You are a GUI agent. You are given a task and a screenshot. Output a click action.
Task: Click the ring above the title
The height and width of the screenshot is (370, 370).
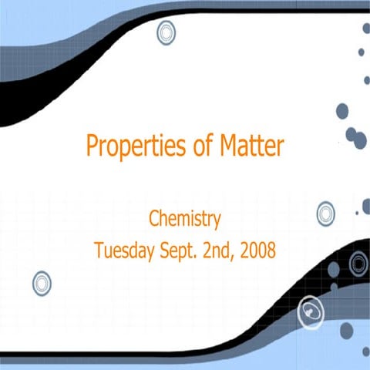(166, 32)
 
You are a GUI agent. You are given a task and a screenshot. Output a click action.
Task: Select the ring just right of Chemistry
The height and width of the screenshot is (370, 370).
(326, 212)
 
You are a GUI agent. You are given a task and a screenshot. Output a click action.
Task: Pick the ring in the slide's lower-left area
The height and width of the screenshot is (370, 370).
(42, 283)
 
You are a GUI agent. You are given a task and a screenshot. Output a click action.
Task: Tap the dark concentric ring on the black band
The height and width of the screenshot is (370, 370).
(358, 264)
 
